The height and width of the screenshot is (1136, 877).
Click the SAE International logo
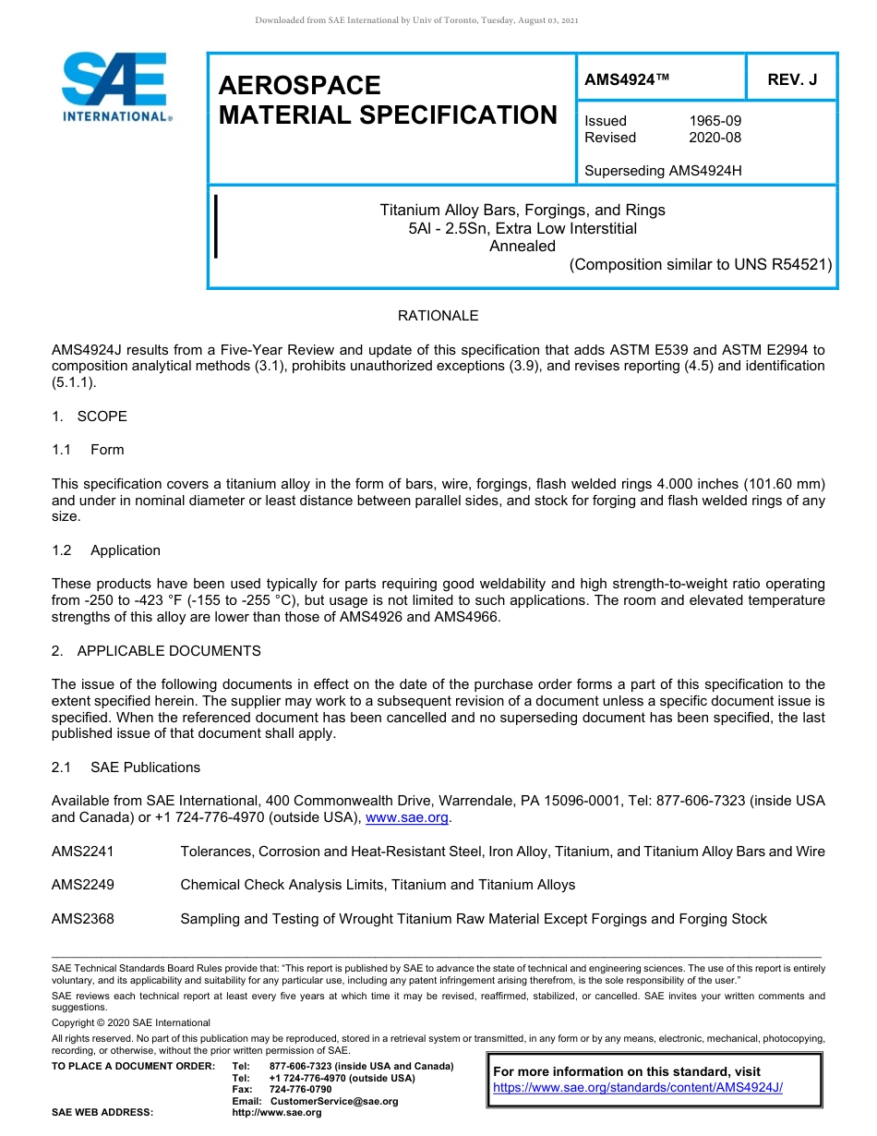(116, 87)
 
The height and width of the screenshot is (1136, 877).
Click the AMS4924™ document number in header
(627, 80)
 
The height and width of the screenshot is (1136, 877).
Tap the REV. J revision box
(792, 80)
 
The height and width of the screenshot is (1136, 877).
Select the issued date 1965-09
(715, 121)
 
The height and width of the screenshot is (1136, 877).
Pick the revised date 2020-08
(715, 138)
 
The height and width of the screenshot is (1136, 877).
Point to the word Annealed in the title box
(523, 246)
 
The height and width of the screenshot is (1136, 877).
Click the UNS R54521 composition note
(701, 264)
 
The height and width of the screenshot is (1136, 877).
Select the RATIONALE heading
(438, 316)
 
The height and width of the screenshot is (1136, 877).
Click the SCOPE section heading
(102, 417)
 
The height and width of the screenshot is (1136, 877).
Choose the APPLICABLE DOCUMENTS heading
(168, 651)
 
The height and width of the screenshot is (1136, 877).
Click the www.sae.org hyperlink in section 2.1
(407, 817)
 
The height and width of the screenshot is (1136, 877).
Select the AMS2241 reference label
(83, 852)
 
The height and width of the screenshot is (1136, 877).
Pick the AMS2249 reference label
(83, 885)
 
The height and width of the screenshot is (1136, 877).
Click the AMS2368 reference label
(83, 919)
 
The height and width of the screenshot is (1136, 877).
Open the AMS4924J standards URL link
(638, 1088)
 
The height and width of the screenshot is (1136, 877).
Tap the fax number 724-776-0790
(300, 1090)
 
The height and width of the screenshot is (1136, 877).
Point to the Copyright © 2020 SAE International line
(131, 1022)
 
